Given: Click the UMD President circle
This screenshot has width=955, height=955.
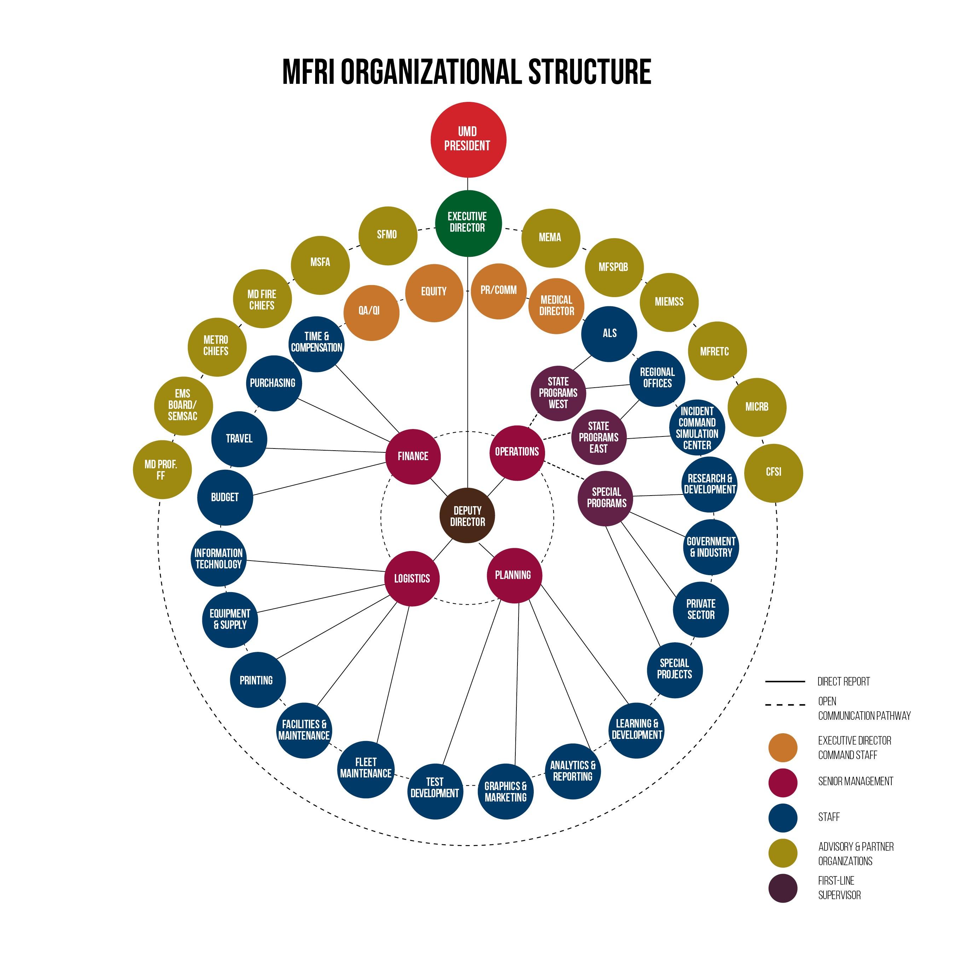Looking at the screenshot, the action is click(468, 139).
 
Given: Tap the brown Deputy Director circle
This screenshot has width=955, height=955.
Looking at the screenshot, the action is click(467, 516).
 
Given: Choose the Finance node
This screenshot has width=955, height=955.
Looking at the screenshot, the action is click(413, 456).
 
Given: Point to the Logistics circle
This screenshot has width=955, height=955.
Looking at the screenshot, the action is click(412, 578).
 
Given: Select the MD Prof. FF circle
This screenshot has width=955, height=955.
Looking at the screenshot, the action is click(161, 470).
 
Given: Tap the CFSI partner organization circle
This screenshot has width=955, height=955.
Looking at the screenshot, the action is click(773, 473).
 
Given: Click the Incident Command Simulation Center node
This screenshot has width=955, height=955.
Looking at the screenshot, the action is click(696, 428).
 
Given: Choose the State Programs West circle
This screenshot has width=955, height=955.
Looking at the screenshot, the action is click(558, 393).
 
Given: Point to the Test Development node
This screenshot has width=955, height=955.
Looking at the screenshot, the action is click(434, 791).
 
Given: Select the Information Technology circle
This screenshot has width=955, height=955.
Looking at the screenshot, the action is click(219, 558).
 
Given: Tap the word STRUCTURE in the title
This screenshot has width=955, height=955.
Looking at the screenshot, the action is click(589, 72).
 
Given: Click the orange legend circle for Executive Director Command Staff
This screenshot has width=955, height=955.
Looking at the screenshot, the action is click(782, 747).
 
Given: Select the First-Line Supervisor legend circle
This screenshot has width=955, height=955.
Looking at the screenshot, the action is click(782, 888).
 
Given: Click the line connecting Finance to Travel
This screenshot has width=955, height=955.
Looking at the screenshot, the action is click(326, 450).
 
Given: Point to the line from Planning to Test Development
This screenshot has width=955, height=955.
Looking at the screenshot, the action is click(472, 682).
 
